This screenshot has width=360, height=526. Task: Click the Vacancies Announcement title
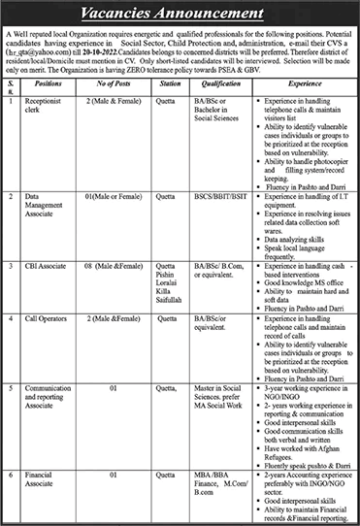click(180, 15)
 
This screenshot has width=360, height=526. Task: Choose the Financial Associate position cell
click(45, 479)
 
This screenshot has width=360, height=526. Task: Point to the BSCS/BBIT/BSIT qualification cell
click(217, 198)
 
